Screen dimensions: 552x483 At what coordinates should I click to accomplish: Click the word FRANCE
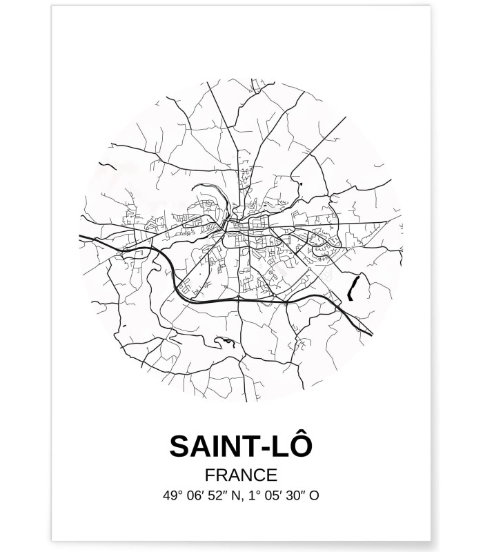(x=241, y=475)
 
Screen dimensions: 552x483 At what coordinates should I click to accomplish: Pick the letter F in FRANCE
(x=210, y=475)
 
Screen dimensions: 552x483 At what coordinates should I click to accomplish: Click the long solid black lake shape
(x=354, y=284)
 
